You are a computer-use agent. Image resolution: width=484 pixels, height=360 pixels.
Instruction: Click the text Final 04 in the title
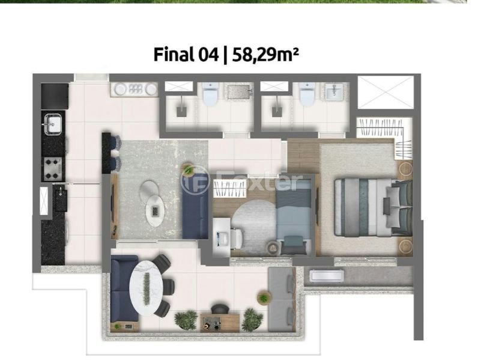pyautogui.click(x=186, y=55)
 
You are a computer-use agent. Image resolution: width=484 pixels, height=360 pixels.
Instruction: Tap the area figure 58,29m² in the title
pyautogui.click(x=265, y=55)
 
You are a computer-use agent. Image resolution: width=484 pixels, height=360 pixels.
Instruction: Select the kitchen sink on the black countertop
pyautogui.click(x=53, y=124)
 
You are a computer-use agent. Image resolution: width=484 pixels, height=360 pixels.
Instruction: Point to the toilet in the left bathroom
pyautogui.click(x=211, y=94)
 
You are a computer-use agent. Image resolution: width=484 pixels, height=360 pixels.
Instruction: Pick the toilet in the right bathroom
pyautogui.click(x=307, y=94)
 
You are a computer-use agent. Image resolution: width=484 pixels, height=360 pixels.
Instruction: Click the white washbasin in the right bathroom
pyautogui.click(x=334, y=92)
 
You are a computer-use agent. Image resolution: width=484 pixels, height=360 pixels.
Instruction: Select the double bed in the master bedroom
pyautogui.click(x=374, y=207)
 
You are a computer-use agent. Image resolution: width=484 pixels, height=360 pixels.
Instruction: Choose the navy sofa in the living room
pyautogui.click(x=195, y=206)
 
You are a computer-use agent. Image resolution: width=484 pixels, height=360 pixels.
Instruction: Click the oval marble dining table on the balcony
pyautogui.click(x=146, y=287)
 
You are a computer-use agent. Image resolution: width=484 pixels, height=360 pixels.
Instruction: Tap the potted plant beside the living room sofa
pyautogui.click(x=188, y=169)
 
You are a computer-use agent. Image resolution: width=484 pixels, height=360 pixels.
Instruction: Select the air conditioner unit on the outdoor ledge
pyautogui.click(x=326, y=276)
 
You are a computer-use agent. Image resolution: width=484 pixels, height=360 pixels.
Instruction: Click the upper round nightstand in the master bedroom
pyautogui.click(x=405, y=169)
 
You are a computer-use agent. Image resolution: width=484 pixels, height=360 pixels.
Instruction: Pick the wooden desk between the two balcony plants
pyautogui.click(x=220, y=323)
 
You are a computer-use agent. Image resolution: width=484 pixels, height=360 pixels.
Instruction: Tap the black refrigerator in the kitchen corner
pyautogui.click(x=55, y=96)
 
